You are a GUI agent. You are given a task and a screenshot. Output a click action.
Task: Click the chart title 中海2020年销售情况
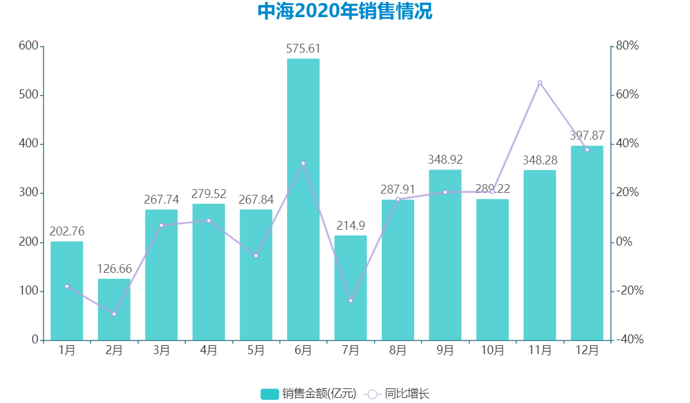[x=345, y=12]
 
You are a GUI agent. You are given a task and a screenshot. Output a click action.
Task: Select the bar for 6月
[x=303, y=199]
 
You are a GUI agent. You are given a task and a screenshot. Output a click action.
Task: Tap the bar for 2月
[x=114, y=309]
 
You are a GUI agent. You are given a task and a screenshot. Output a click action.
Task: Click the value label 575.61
[x=303, y=49]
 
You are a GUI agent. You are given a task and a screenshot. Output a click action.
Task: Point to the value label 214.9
[x=351, y=226]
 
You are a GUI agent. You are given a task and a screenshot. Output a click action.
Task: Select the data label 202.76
[x=67, y=231]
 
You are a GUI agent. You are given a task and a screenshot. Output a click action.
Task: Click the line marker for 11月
[x=540, y=83]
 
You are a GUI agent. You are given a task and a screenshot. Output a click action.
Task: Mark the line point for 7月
[x=351, y=300]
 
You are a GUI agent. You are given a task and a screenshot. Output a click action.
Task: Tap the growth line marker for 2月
[x=114, y=314]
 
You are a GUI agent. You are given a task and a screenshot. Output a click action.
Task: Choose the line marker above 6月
[x=303, y=163]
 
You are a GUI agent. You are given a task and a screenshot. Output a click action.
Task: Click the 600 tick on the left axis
[x=29, y=46]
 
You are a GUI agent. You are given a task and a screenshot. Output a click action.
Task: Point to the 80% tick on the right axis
[x=626, y=46]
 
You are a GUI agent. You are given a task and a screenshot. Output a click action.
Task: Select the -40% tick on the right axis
[x=629, y=340]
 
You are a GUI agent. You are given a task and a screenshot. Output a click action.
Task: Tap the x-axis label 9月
[x=445, y=350]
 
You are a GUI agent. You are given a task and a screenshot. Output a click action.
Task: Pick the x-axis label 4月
[x=208, y=350]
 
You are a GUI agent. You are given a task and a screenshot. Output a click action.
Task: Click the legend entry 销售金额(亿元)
[x=309, y=393]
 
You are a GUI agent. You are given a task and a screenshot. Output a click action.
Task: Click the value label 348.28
[x=540, y=160]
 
